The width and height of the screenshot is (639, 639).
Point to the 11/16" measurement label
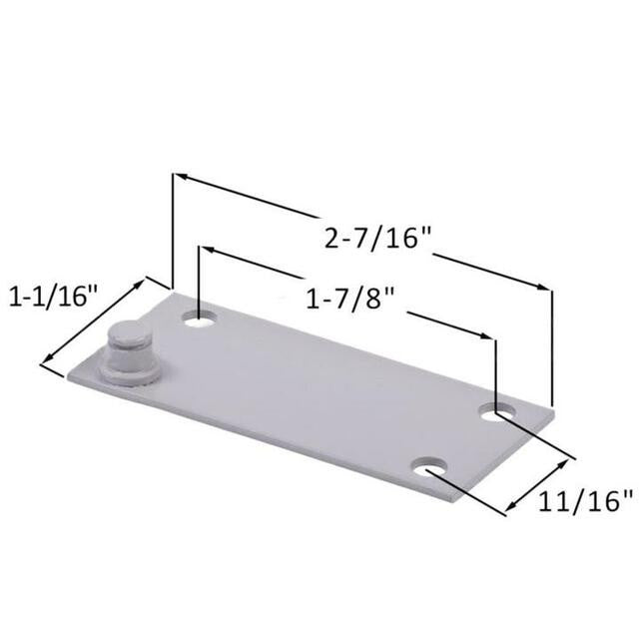[585, 500]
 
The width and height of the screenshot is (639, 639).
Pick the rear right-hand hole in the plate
[497, 411]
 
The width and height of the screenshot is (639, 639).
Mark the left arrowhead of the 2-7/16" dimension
[180, 178]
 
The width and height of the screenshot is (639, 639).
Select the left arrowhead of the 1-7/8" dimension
[206, 249]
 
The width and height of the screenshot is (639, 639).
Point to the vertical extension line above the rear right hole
[495, 369]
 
